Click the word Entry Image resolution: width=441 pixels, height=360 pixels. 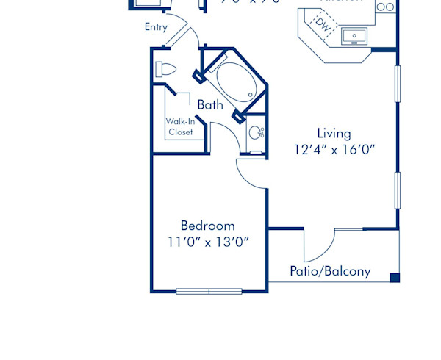pyautogui.click(x=156, y=27)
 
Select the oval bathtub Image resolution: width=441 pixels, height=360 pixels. pyautogui.click(x=234, y=82)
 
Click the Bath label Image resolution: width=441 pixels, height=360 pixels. pyautogui.click(x=209, y=105)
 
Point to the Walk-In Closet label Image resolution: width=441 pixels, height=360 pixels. pyautogui.click(x=180, y=126)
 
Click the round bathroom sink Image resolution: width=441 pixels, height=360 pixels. pyautogui.click(x=255, y=133)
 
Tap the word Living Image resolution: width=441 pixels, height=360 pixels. pyautogui.click(x=334, y=134)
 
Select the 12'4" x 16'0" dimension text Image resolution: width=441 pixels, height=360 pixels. pyautogui.click(x=334, y=150)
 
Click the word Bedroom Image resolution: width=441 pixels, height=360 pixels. pyautogui.click(x=208, y=226)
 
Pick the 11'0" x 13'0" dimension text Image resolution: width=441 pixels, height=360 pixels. pyautogui.click(x=208, y=242)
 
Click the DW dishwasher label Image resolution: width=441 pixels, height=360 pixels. pyautogui.click(x=323, y=24)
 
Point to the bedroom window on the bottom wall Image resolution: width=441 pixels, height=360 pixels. pyautogui.click(x=209, y=291)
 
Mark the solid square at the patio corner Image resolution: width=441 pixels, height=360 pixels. pyautogui.click(x=395, y=278)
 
